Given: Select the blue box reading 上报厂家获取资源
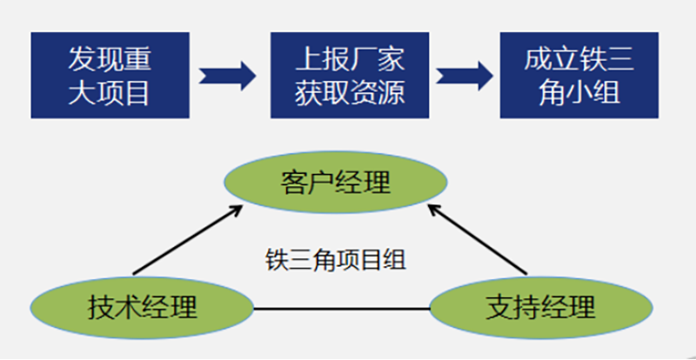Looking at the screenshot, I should [350, 76].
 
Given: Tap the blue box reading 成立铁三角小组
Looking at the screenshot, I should [579, 76].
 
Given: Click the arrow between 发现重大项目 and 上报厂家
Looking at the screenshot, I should [228, 76].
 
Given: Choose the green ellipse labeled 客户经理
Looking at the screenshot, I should [336, 183].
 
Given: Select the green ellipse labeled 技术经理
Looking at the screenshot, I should [142, 306].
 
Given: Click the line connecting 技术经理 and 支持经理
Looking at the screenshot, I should [341, 307].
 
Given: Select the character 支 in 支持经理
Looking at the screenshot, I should [499, 307].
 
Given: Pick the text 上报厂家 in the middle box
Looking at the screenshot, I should [350, 59].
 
